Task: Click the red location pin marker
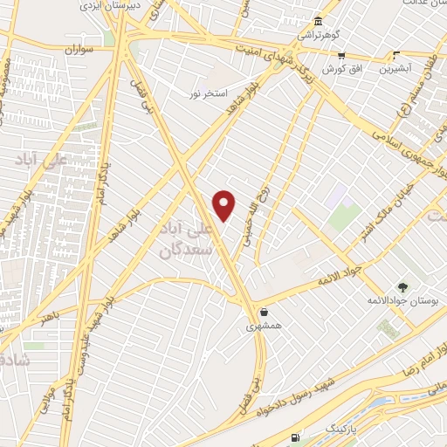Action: pyautogui.click(x=224, y=206)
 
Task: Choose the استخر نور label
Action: pyautogui.click(x=210, y=92)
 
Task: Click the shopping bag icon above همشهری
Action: pyautogui.click(x=263, y=311)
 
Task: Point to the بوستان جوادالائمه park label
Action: pyautogui.click(x=402, y=300)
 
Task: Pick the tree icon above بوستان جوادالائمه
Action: pyautogui.click(x=402, y=286)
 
